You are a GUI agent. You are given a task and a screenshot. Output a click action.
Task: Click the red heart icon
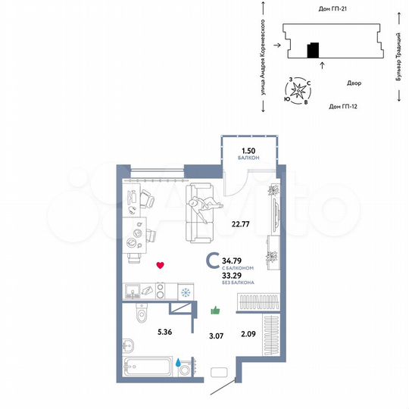coord(159,265)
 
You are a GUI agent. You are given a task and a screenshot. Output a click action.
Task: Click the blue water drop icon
coord(180,363)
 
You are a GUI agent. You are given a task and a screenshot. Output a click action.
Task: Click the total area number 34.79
coord(233,261)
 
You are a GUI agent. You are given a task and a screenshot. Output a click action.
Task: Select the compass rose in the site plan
coord(300,91)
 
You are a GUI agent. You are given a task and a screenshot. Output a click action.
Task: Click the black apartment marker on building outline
coord(313,51)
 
